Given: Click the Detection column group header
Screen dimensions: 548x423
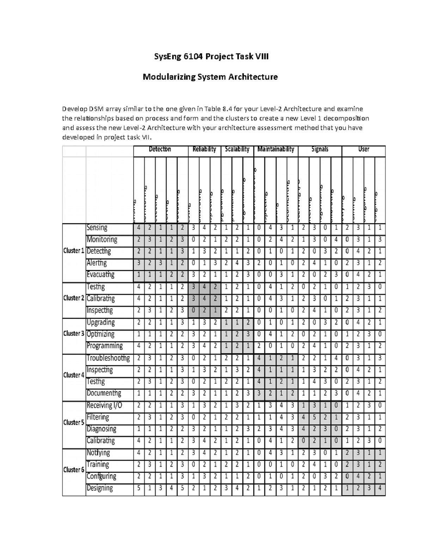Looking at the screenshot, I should pos(160,150).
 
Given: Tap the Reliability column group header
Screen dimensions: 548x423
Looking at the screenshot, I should pos(204,150).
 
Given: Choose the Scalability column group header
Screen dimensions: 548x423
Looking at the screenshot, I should pos(237,150).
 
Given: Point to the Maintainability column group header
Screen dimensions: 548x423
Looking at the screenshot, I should pos(276,150).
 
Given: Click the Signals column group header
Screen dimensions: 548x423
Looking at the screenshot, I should pos(320,150).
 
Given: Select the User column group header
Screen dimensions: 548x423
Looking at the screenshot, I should pos(363,150).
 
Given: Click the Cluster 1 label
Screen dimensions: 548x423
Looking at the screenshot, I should pos(74,251).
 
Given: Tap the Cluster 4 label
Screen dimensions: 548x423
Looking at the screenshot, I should pos(74,375).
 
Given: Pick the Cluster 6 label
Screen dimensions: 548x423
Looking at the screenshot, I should pos(74,470).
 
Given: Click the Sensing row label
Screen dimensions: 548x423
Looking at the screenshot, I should pos(97,228).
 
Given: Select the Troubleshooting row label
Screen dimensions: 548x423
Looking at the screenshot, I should pos(108,359).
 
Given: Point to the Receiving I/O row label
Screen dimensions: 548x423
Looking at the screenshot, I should pos(104,405).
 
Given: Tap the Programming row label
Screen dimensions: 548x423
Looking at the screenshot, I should pos(105,346).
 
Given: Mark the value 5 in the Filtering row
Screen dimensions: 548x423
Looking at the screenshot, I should pos(314,417).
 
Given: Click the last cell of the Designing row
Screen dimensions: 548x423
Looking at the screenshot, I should pos(380,489).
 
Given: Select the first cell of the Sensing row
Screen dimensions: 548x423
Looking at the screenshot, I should pos(139,228).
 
